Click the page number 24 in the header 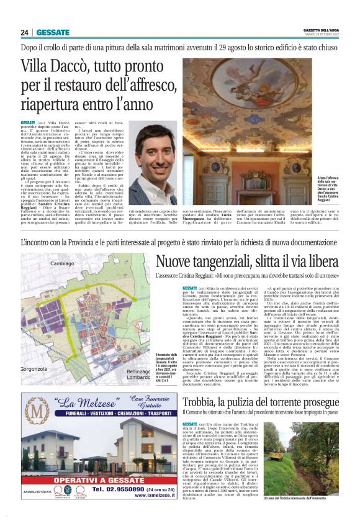[x=25, y=32]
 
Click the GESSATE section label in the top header [x=53, y=32]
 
